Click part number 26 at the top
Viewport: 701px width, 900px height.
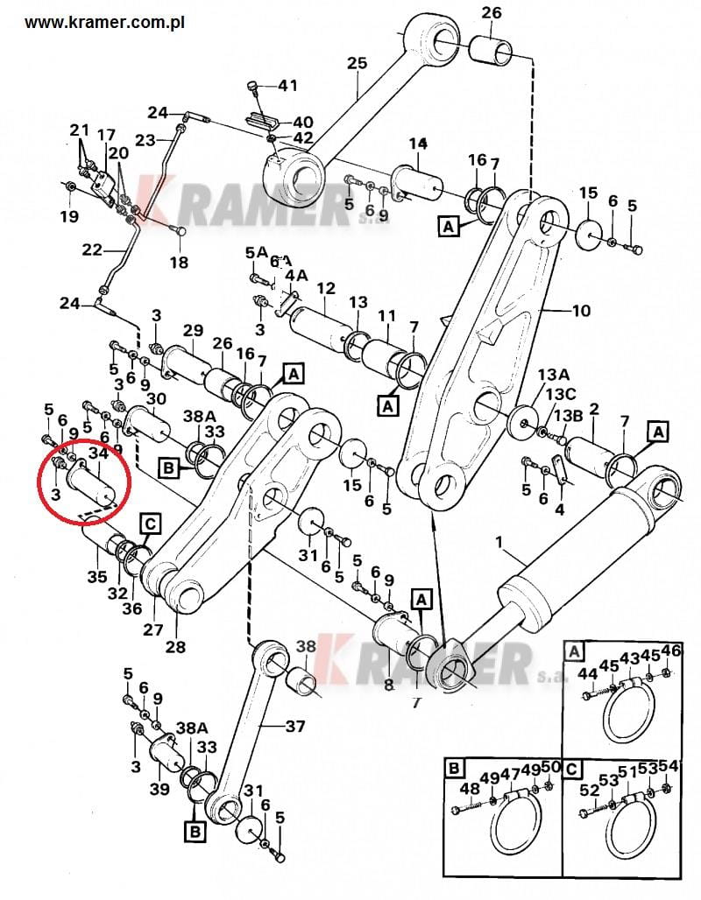click(x=492, y=12)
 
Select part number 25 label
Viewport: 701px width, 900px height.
click(x=356, y=63)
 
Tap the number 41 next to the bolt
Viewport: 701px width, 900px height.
click(x=287, y=86)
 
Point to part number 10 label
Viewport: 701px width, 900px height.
click(x=581, y=311)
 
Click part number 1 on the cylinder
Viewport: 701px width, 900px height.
click(x=499, y=544)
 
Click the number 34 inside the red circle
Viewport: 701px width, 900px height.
click(x=98, y=453)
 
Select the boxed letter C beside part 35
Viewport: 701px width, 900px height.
click(x=151, y=524)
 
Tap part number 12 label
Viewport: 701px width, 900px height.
click(x=326, y=288)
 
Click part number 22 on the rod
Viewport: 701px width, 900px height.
click(x=92, y=250)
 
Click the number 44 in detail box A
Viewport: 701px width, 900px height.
click(x=587, y=672)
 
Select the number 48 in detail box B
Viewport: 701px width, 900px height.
click(x=470, y=788)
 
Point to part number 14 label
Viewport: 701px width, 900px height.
click(x=416, y=143)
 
